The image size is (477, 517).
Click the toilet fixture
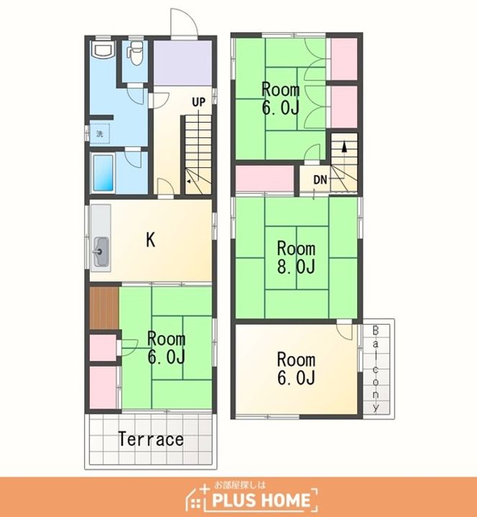click(x=135, y=52)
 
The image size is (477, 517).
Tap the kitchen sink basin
click(x=101, y=252)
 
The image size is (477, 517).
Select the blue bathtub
click(x=103, y=172)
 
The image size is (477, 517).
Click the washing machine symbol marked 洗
click(x=99, y=134)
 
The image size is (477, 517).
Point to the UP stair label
click(x=198, y=102)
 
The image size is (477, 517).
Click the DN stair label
click(x=320, y=180)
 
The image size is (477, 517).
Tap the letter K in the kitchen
click(x=150, y=240)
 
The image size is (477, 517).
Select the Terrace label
click(x=151, y=439)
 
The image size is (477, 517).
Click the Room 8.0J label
click(x=296, y=258)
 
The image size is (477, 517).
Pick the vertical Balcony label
click(x=376, y=368)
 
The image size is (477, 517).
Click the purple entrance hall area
click(x=182, y=62)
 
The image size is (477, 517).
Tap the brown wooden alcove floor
click(x=104, y=307)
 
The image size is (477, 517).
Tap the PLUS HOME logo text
click(x=261, y=500)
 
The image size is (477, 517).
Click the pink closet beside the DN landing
click(x=264, y=178)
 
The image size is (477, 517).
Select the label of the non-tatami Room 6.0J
click(x=296, y=368)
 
